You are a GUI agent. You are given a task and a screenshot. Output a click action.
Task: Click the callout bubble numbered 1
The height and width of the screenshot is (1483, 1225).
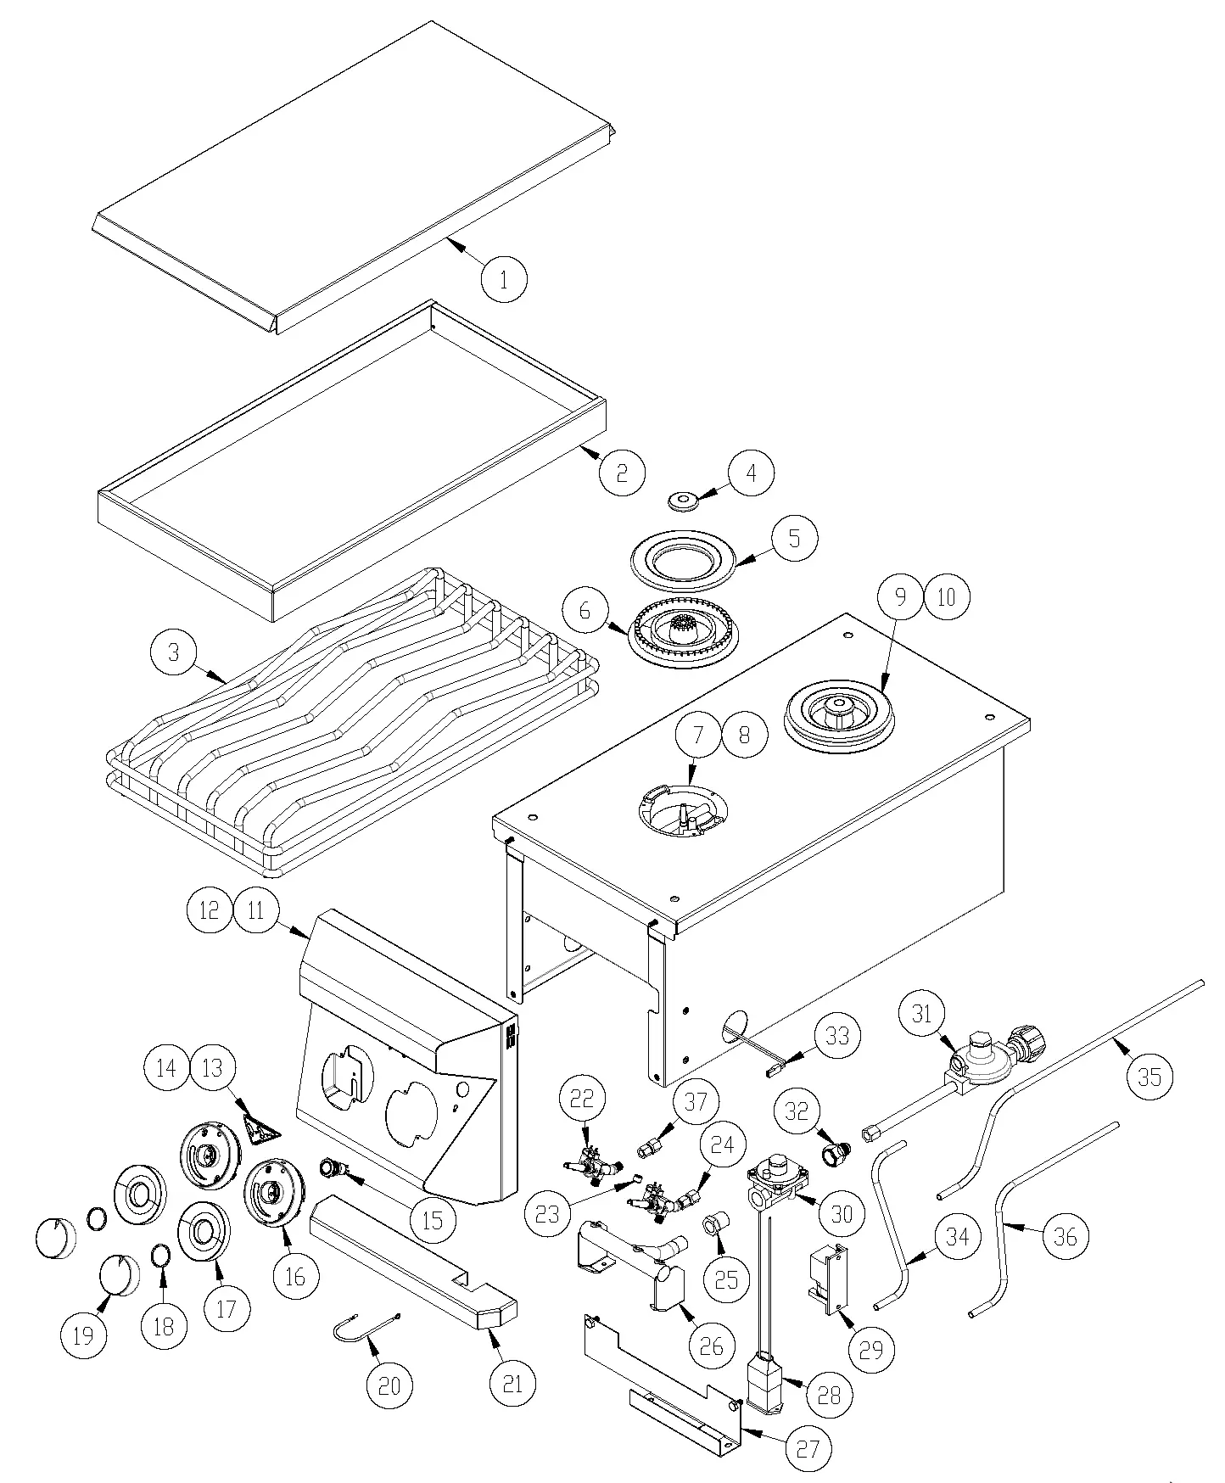pyautogui.click(x=503, y=278)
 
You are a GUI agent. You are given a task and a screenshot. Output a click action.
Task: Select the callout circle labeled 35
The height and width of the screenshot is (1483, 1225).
pyautogui.click(x=1149, y=1077)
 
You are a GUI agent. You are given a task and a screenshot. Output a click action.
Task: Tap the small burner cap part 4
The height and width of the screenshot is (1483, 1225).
pyautogui.click(x=682, y=501)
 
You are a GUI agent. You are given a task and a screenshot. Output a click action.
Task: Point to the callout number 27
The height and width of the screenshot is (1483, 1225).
pyautogui.click(x=808, y=1448)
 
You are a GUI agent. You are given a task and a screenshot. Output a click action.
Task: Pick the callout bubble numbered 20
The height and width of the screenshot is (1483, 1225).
pyautogui.click(x=389, y=1385)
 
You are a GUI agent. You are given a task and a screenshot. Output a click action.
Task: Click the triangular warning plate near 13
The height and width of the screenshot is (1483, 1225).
pyautogui.click(x=261, y=1128)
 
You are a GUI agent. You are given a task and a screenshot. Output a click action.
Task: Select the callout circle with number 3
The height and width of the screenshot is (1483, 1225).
pyautogui.click(x=173, y=652)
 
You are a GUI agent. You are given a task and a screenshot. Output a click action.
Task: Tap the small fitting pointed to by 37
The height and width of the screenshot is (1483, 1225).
pyautogui.click(x=649, y=1149)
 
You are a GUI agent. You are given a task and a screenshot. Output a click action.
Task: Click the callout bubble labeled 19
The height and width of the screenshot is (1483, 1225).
pyautogui.click(x=83, y=1335)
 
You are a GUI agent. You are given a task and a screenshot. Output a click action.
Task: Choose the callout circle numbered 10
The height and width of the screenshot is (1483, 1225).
pyautogui.click(x=946, y=596)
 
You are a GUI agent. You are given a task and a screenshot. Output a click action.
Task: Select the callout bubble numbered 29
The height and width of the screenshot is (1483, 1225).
pyautogui.click(x=871, y=1350)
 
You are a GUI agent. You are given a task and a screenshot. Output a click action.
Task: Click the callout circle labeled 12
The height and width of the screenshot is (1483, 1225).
pyautogui.click(x=209, y=910)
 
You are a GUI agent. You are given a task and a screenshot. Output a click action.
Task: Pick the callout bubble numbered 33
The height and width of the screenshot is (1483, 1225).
pyautogui.click(x=836, y=1035)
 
